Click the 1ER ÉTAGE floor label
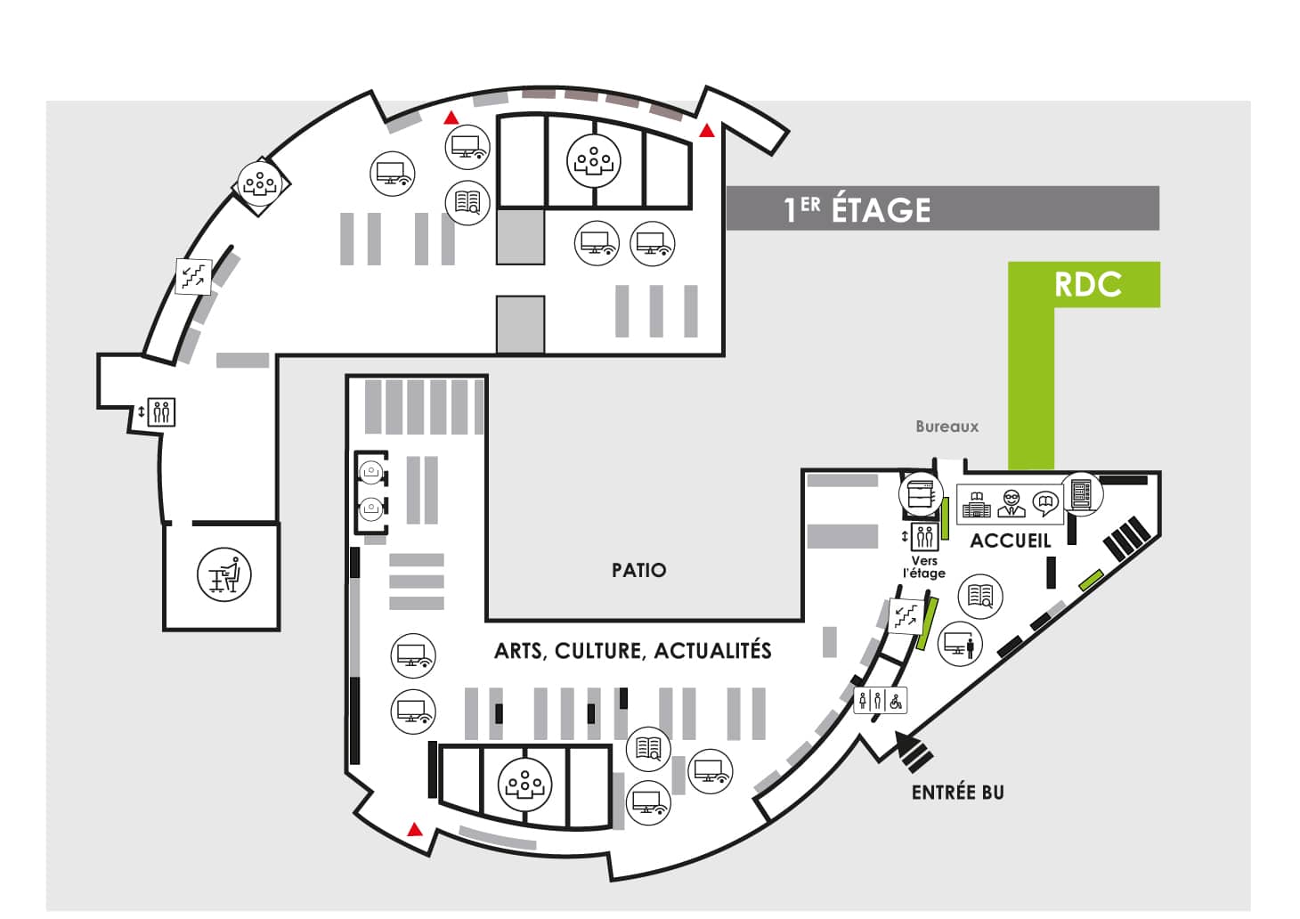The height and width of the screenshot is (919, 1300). click(x=857, y=209)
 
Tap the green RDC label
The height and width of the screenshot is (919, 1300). click(x=1087, y=284)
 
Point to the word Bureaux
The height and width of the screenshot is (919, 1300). click(x=947, y=427)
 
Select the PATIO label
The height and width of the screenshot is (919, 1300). click(x=639, y=570)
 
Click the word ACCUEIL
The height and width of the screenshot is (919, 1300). click(x=1011, y=541)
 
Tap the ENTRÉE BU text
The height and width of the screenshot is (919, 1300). click(x=957, y=793)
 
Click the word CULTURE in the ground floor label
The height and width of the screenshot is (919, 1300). click(x=599, y=651)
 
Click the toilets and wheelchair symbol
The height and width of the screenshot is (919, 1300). click(x=880, y=701)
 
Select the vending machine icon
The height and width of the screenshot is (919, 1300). click(x=1082, y=494)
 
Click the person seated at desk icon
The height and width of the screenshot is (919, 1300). click(x=224, y=574)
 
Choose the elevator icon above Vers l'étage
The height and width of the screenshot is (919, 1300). click(x=924, y=537)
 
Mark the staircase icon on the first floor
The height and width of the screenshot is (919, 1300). click(x=194, y=276)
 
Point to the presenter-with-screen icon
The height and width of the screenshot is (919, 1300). click(x=960, y=643)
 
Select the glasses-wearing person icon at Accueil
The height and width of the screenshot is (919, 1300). click(x=1012, y=503)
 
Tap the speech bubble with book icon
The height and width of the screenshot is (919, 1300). click(x=1046, y=504)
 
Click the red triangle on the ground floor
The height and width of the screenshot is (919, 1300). click(x=414, y=829)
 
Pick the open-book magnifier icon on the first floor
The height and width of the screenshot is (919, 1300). click(x=467, y=203)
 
